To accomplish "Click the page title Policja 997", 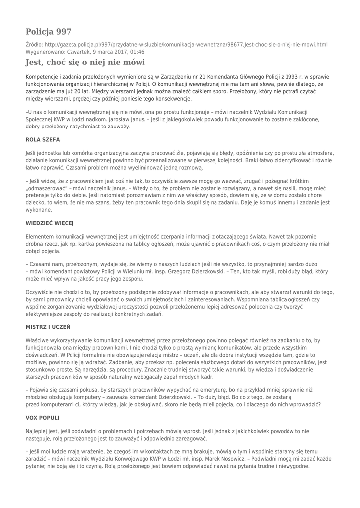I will pos(48,32).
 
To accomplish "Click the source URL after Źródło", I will pos(184,45).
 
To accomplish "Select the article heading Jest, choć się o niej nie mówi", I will pos(85,63).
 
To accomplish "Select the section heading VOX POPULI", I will pos(42,418).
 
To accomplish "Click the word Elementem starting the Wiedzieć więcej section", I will pos(42,237).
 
